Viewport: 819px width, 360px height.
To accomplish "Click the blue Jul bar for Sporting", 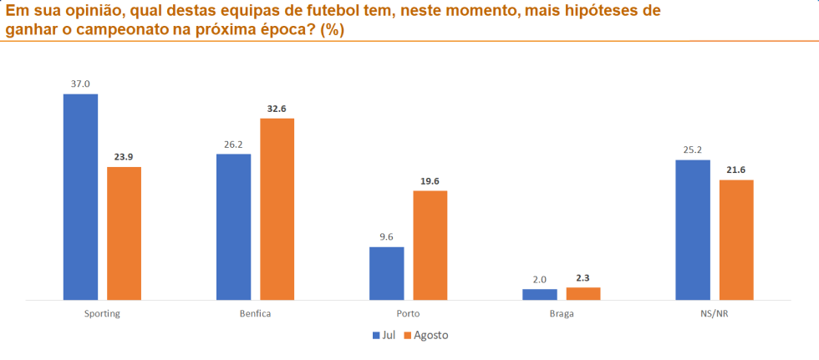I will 80,196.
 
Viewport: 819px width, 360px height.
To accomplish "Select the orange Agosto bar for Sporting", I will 124,233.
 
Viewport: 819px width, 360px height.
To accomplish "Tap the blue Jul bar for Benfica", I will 233,226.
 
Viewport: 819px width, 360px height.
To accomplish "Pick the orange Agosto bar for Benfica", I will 277,209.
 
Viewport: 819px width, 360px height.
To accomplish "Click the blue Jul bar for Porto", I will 386,273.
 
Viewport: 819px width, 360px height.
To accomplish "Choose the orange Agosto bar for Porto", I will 430,245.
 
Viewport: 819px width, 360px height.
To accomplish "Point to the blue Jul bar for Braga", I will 539,294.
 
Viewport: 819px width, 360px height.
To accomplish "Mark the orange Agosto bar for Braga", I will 582,293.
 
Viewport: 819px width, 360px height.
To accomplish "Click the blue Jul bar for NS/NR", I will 692,229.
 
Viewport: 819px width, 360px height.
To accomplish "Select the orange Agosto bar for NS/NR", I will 735,239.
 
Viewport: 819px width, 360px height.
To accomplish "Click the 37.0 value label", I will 80,84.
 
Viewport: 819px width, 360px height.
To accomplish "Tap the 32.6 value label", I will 277,109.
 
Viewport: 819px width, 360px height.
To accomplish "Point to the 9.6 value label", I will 386,237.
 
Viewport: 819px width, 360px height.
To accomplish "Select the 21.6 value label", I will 735,170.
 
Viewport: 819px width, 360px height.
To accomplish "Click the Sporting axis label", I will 102,314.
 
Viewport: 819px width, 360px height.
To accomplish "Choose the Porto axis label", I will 408,314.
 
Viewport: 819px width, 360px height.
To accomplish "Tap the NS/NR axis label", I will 714,314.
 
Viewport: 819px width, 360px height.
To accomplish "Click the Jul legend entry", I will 384,335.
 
